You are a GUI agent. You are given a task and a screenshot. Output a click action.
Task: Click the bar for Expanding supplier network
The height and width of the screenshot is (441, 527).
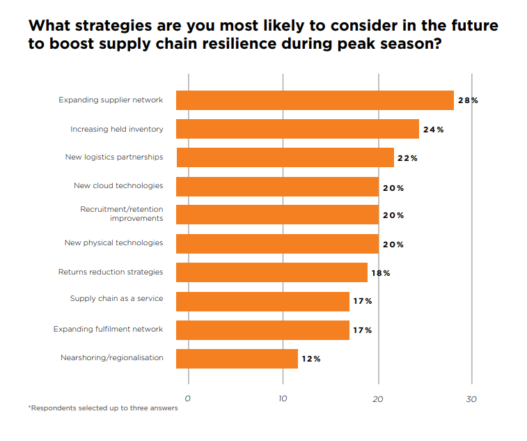tap(315, 100)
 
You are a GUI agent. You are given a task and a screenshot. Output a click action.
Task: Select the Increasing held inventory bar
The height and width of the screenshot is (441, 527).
tap(297, 129)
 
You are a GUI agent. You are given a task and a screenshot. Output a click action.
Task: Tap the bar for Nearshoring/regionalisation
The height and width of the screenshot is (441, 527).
tap(237, 358)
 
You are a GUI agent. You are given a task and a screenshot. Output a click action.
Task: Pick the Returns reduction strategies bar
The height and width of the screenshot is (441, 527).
tap(272, 272)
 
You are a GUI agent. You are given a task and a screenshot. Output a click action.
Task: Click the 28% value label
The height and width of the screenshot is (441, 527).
tap(467, 100)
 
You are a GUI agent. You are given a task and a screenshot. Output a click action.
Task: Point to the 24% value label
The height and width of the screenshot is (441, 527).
tap(433, 130)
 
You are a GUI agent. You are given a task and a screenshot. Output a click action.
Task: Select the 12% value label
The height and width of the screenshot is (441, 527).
tap(310, 359)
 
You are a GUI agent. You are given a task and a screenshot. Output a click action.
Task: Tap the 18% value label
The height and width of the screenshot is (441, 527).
tap(380, 273)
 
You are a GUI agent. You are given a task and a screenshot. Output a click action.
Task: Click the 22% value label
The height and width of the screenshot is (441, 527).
tap(407, 158)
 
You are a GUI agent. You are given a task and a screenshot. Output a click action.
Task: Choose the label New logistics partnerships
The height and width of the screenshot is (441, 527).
tap(114, 157)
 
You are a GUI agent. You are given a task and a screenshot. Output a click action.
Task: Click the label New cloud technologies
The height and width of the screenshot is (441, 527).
tap(118, 185)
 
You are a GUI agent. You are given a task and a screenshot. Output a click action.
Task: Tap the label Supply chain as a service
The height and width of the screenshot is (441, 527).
tap(116, 298)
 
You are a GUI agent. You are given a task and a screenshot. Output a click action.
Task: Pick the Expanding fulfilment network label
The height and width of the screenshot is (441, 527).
tap(108, 329)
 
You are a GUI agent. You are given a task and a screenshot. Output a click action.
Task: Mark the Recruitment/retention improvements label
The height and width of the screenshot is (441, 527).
tap(121, 213)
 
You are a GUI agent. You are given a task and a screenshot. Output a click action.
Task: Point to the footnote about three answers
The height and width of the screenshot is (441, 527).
tap(103, 408)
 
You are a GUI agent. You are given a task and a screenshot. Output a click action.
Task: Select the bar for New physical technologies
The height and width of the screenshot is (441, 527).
tap(277, 244)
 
